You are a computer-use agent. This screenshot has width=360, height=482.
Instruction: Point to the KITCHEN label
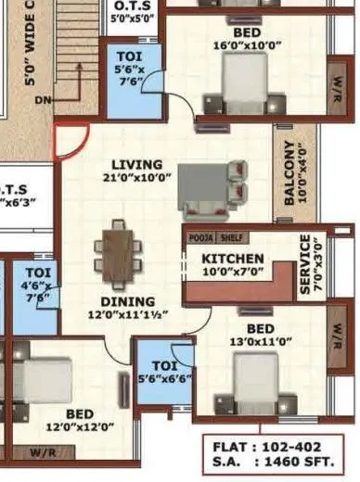coord(234,258)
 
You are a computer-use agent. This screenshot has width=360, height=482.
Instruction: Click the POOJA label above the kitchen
coord(203,237)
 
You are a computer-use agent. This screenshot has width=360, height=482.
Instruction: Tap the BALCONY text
coord(289,173)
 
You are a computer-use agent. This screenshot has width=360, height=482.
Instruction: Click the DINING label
coord(126,300)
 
